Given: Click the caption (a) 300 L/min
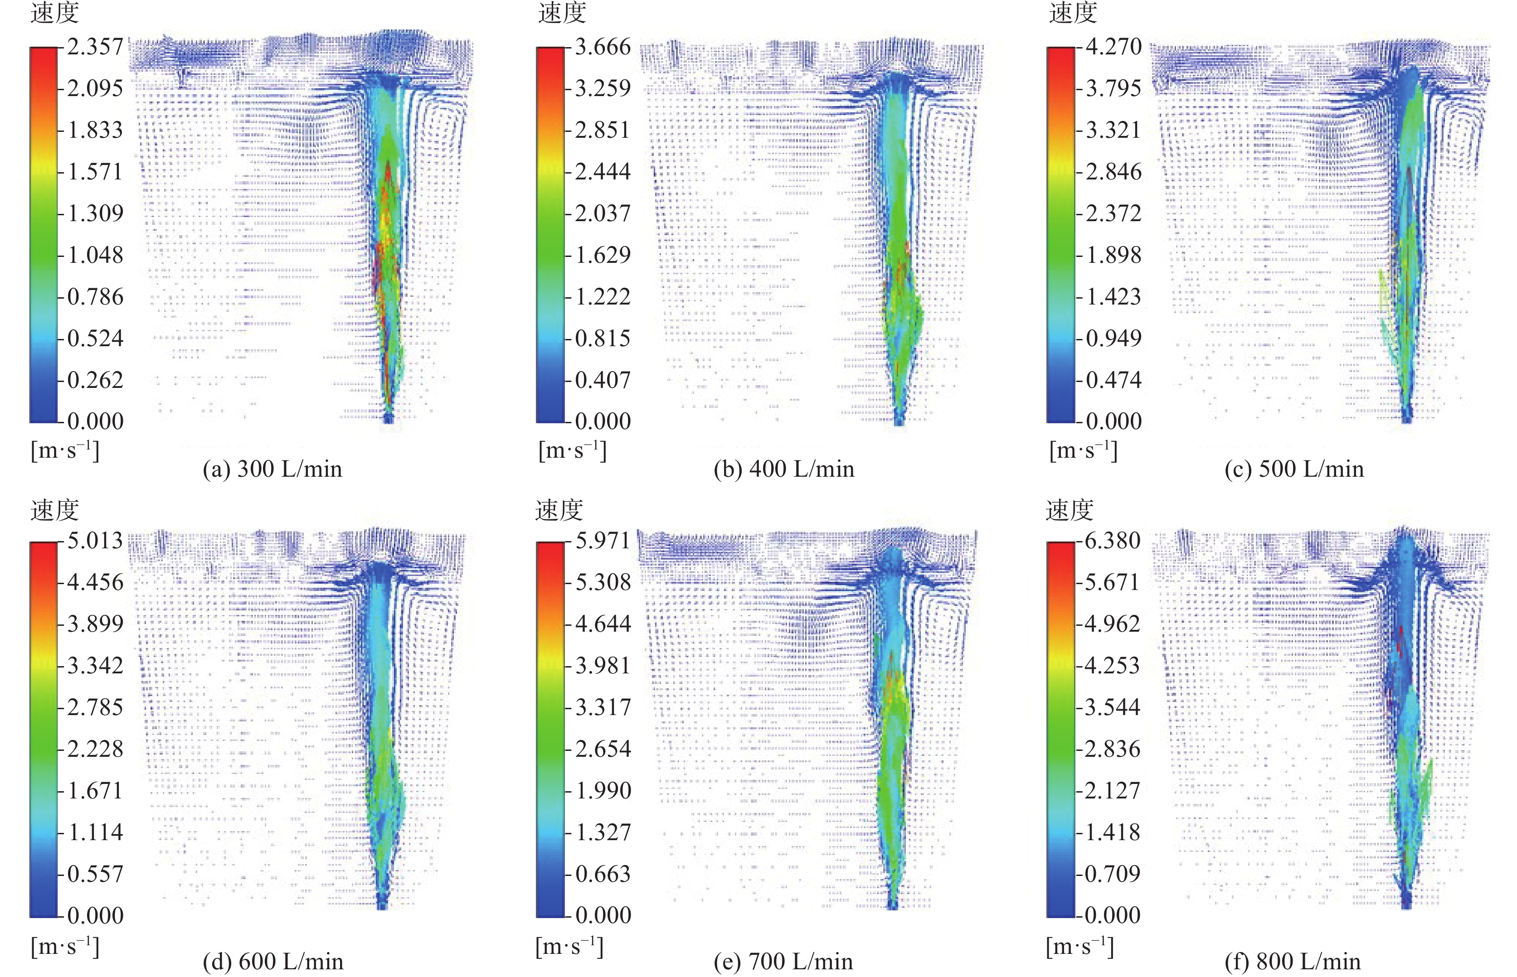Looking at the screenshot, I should pyautogui.click(x=272, y=469).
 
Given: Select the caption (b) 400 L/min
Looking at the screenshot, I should pyautogui.click(x=784, y=469).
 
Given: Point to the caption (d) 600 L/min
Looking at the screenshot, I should pyautogui.click(x=273, y=962).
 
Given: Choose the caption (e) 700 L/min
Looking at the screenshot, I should pyautogui.click(x=783, y=962).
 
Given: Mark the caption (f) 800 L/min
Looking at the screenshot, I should pyautogui.click(x=1292, y=962).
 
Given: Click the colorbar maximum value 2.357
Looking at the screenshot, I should pyautogui.click(x=95, y=47).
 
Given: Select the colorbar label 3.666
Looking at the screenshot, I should pyautogui.click(x=603, y=47).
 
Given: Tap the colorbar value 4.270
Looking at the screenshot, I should pyautogui.click(x=1113, y=47).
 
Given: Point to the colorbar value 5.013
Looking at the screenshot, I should pyautogui.click(x=95, y=541).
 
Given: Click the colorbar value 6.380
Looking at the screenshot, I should pyautogui.click(x=1113, y=541).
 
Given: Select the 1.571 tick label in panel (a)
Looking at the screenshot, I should pyautogui.click(x=95, y=172).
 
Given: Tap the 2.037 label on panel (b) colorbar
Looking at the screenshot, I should pyautogui.click(x=603, y=213).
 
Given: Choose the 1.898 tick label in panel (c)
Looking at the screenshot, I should pyautogui.click(x=1114, y=255).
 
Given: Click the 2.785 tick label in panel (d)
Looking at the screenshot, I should pyautogui.click(x=95, y=707).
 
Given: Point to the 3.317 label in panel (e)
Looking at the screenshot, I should pyautogui.click(x=603, y=707).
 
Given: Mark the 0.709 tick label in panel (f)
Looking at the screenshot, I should pyautogui.click(x=1113, y=874).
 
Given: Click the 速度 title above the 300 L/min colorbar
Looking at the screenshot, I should pyautogui.click(x=54, y=13).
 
